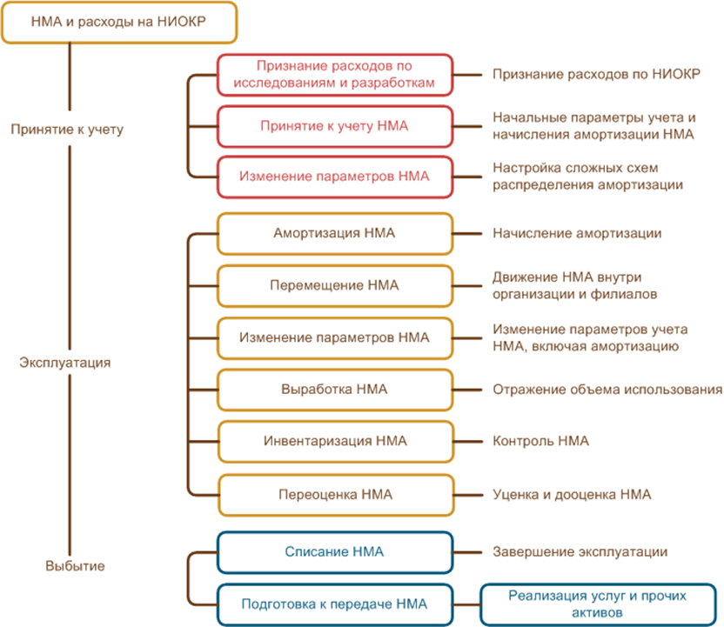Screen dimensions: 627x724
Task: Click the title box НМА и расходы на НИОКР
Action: point(118,22)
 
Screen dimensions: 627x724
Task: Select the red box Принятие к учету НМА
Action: point(335,126)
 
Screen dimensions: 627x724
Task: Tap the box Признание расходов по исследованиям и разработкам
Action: point(335,76)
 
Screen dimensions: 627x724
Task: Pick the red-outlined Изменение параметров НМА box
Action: point(335,176)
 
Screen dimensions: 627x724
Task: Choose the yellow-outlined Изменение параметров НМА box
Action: point(335,337)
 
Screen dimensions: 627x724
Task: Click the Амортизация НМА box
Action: point(335,233)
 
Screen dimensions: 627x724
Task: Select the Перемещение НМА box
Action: point(335,285)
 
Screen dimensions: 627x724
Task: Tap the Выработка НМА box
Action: point(335,390)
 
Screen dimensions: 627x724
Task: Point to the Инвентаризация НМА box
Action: point(335,442)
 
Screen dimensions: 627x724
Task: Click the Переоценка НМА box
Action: point(335,494)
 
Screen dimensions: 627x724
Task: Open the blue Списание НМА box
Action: point(335,551)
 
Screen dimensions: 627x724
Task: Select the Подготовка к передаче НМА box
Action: point(335,603)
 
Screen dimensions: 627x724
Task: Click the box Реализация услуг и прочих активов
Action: point(596,603)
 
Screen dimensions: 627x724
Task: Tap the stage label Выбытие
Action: point(75,567)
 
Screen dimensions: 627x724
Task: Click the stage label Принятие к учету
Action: point(68,130)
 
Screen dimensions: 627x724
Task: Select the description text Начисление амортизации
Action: point(577,233)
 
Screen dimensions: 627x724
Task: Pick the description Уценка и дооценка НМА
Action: point(572,494)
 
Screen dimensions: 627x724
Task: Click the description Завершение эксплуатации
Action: point(580,551)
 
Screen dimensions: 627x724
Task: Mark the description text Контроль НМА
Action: point(540,442)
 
